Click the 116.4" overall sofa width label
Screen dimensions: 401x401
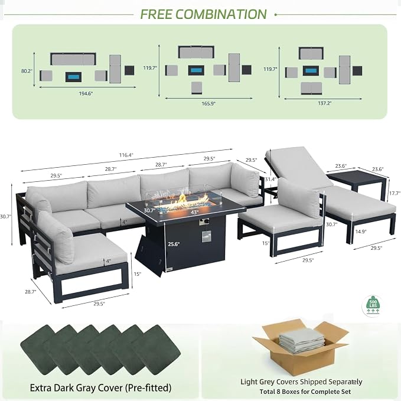(x=126, y=155)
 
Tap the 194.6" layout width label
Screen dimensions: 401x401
(x=86, y=93)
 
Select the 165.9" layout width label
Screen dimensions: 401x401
(x=208, y=103)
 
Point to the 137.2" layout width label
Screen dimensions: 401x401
(x=325, y=103)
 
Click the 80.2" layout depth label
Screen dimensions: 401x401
(x=27, y=71)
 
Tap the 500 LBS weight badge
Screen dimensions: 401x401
(x=373, y=306)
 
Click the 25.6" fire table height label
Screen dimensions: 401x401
(x=174, y=244)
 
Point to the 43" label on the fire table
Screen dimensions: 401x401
(x=195, y=212)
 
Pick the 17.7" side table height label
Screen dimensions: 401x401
(x=395, y=193)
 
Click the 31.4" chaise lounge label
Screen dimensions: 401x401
(x=270, y=180)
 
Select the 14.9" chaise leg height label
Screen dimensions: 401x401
(x=361, y=232)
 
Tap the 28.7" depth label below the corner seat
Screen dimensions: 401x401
(x=30, y=292)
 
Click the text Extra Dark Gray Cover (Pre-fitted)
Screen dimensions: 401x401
(x=100, y=387)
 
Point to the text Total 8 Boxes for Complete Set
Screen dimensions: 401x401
(x=305, y=392)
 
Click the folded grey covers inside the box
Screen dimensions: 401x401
(x=302, y=340)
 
